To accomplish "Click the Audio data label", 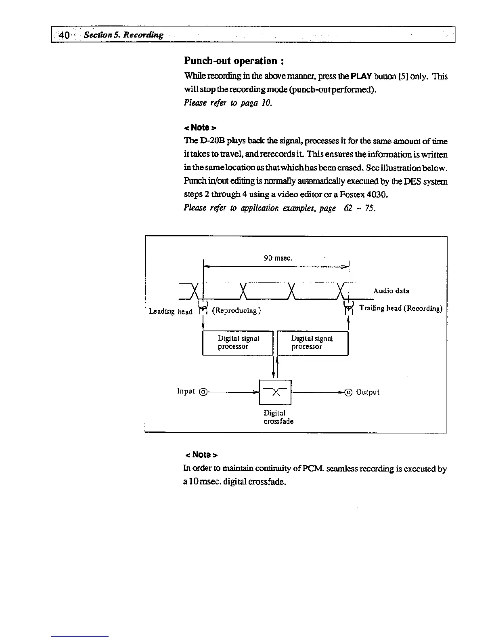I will [x=391, y=291].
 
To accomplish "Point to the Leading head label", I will [x=171, y=311].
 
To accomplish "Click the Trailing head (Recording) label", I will [x=401, y=309].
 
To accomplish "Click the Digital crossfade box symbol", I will [x=275, y=392].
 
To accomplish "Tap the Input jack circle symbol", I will [x=204, y=392].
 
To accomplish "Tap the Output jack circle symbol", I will [x=349, y=392].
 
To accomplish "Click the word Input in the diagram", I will [x=186, y=391].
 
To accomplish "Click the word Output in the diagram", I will [x=368, y=392].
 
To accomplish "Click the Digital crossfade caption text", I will [x=278, y=417].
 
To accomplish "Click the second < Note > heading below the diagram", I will [x=201, y=455].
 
